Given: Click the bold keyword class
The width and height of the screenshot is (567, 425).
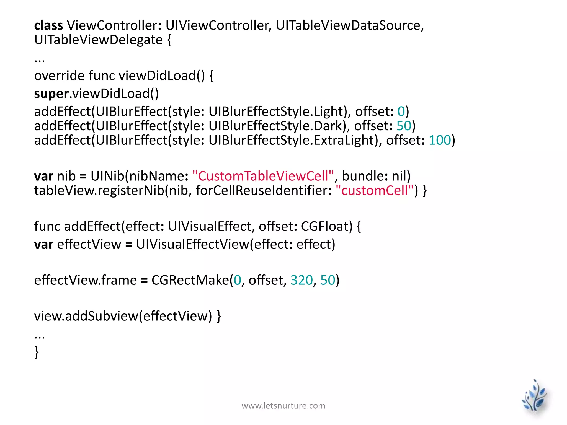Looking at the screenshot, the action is coord(48,25).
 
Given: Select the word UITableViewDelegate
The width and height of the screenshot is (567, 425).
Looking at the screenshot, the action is coord(98,40).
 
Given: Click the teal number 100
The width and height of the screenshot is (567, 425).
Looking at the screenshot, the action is coord(440,140).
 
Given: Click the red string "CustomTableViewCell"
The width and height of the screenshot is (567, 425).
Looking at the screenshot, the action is coord(263,176).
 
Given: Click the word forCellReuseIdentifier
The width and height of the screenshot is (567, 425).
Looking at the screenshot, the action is coord(263,191).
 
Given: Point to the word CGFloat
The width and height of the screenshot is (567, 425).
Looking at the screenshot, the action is coord(327,226).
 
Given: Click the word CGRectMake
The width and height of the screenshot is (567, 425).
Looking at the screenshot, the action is coord(190,280).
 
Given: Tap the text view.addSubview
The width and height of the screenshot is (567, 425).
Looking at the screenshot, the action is coord(86,316).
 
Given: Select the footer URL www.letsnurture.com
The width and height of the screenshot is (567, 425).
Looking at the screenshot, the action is coord(283,406).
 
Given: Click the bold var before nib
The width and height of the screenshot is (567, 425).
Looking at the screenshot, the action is coord(43,176).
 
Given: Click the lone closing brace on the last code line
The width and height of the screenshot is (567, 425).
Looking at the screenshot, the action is coord(37,352).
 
